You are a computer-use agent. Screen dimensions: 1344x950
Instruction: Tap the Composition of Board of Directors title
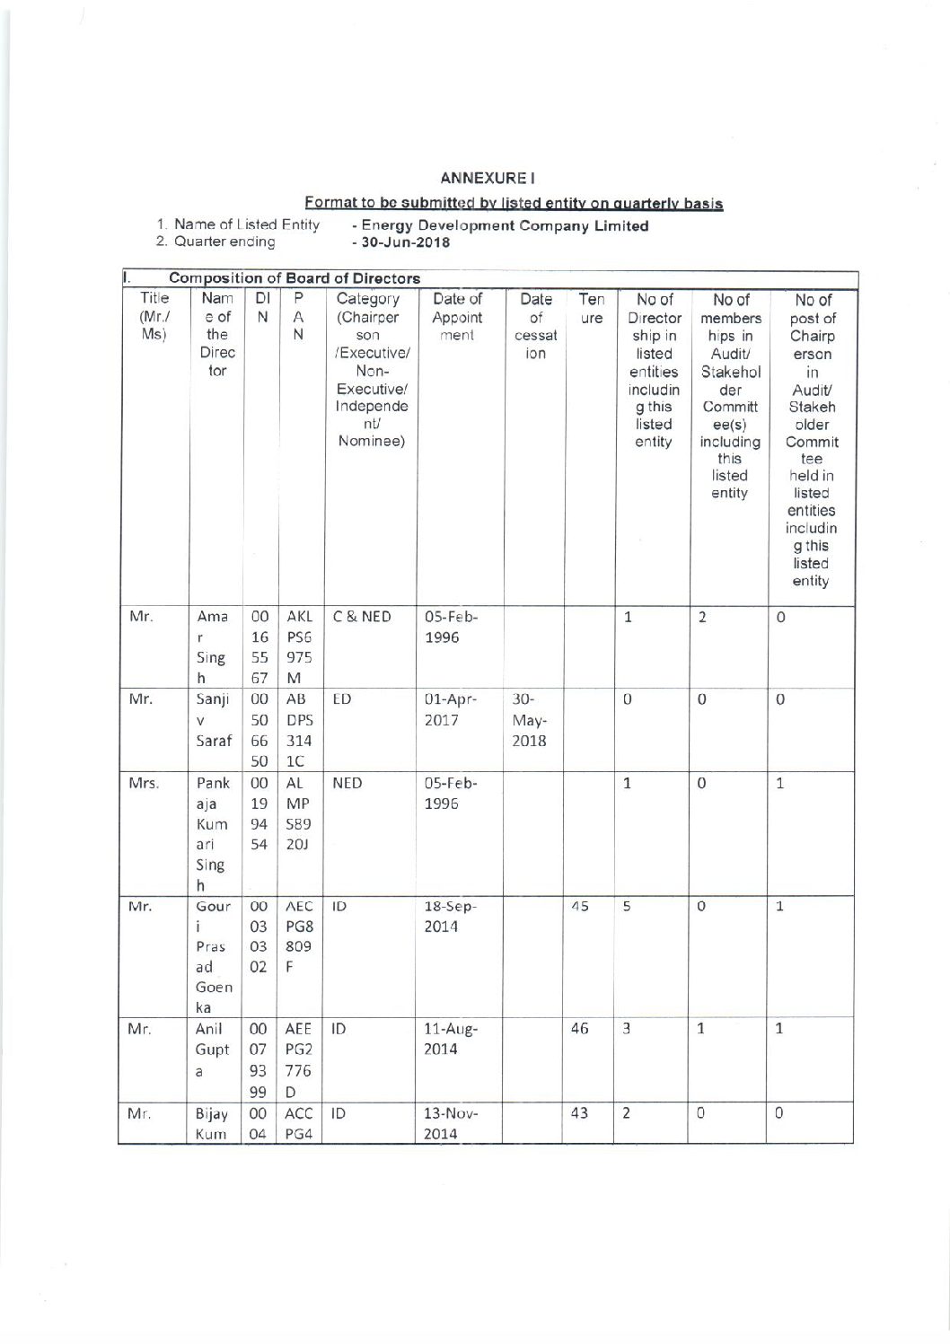(x=295, y=278)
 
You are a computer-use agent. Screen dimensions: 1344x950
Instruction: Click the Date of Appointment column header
(x=458, y=317)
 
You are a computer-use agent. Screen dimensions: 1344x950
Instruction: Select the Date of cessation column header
(x=535, y=326)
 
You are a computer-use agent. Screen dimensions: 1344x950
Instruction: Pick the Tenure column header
(x=590, y=308)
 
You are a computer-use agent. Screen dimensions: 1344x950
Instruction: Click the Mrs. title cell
(x=144, y=783)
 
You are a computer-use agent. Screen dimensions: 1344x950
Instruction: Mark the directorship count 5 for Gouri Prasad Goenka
(x=629, y=906)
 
